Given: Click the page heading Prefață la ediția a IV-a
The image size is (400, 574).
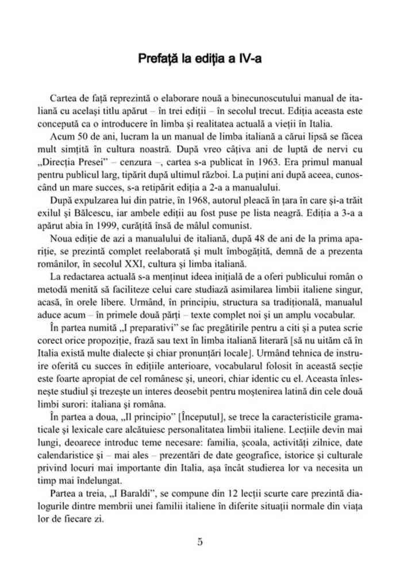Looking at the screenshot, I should point(199,59).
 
